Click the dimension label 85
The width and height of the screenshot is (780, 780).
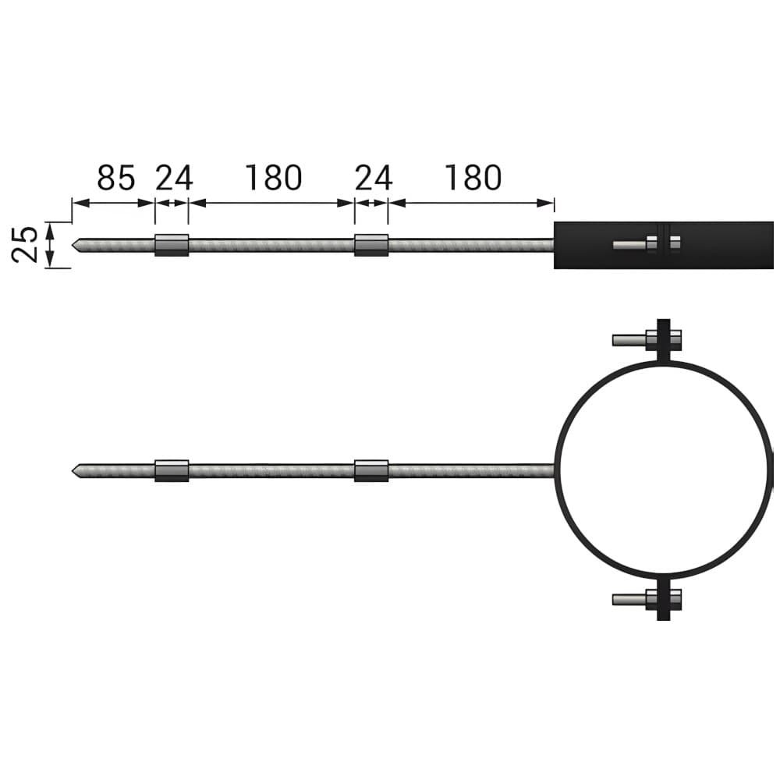click(116, 178)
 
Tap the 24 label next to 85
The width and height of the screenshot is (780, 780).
click(174, 178)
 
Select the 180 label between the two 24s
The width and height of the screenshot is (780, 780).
click(274, 178)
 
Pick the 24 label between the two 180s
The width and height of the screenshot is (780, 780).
click(374, 178)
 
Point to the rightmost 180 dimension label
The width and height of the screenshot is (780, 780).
click(473, 178)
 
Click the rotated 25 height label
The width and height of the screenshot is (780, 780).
click(25, 244)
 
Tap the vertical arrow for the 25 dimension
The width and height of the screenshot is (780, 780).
click(49, 245)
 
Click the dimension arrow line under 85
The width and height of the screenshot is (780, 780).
click(113, 203)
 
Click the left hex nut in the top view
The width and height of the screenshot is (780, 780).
click(172, 245)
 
